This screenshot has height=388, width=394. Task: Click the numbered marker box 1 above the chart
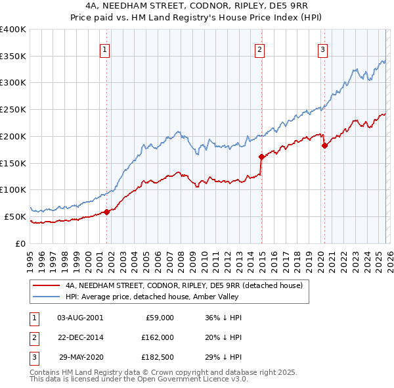105,48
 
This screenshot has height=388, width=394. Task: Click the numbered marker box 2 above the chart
260,48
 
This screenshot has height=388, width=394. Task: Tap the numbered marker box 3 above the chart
323,48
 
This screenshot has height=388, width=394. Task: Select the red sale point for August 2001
106,212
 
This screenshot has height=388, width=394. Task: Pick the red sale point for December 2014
261,157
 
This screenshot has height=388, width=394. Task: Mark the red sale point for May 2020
324,146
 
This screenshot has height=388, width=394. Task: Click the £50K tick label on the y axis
15,216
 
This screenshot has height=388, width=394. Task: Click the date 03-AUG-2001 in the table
79,317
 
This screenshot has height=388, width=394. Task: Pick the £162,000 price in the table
158,337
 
